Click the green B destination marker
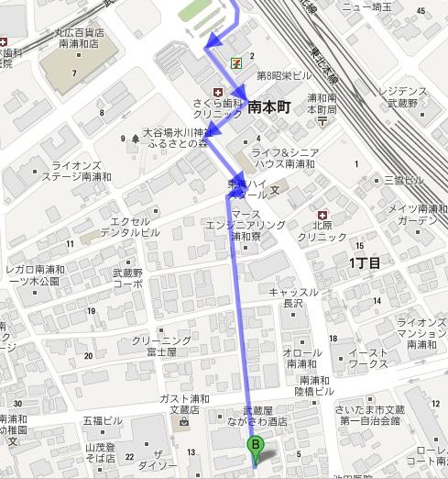[256, 447]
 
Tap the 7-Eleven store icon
[236, 62]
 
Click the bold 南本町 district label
[268, 107]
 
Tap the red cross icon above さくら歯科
[217, 93]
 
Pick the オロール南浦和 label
[300, 358]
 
